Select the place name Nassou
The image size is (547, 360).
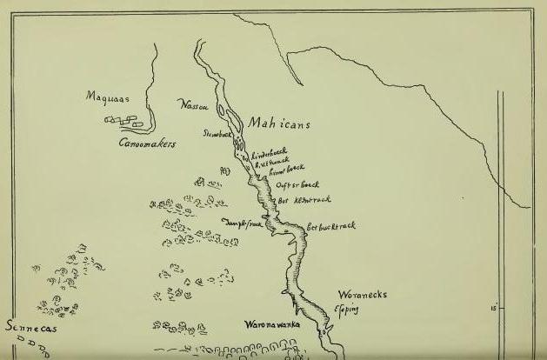[x=192, y=106]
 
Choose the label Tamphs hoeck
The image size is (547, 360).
[x=243, y=223]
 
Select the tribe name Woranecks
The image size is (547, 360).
[x=362, y=295]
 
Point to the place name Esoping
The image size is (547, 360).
[x=347, y=310]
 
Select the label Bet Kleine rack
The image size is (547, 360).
[x=299, y=199]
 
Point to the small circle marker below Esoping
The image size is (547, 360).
[x=326, y=331]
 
